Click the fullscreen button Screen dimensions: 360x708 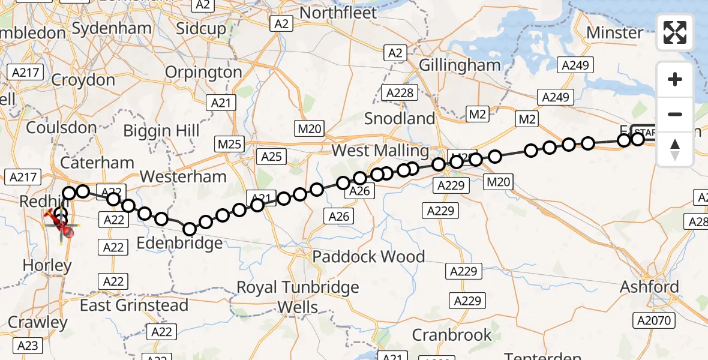point(675,32)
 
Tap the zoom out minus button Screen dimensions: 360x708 point(675,114)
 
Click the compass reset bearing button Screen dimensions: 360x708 point(675,149)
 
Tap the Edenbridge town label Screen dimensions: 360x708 point(181,243)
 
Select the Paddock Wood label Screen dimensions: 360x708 point(368,257)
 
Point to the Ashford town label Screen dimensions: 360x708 point(650,286)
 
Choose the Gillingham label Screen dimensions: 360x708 point(460,65)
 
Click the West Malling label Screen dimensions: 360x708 point(380,150)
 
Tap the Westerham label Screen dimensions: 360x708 point(183,176)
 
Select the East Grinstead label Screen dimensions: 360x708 point(134,305)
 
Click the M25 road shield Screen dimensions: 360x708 point(230,144)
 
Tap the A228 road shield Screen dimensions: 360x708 point(400,93)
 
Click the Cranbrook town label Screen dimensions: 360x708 point(452,334)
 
